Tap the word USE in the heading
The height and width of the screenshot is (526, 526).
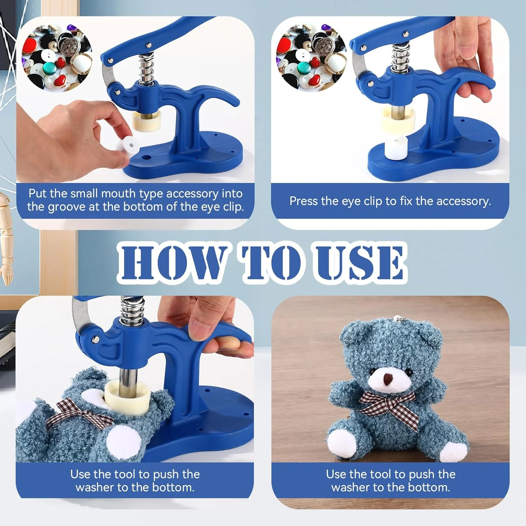361,262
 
